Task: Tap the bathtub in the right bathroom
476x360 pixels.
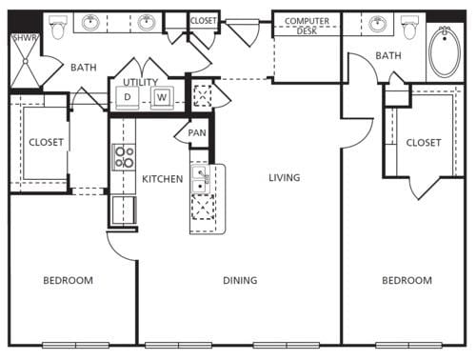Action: tap(445, 52)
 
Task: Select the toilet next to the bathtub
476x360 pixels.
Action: tap(411, 27)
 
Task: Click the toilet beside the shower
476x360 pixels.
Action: tap(58, 26)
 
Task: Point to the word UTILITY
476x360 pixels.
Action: tap(140, 83)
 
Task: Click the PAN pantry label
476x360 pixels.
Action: tap(197, 132)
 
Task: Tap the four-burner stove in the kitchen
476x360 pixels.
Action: tap(124, 157)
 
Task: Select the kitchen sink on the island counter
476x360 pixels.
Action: tap(200, 177)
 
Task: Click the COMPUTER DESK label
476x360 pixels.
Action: tap(307, 26)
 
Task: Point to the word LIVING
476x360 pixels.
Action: tap(284, 177)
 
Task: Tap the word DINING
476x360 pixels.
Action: tap(239, 280)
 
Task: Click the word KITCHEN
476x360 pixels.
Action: tap(162, 178)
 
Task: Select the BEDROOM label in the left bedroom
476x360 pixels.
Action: tap(69, 280)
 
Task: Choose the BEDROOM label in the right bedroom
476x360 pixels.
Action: tap(407, 280)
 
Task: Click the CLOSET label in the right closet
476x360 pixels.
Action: tap(424, 142)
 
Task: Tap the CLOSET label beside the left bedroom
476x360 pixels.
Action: tap(46, 142)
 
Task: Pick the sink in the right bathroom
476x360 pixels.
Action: tap(379, 24)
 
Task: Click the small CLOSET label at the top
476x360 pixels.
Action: tap(203, 20)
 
